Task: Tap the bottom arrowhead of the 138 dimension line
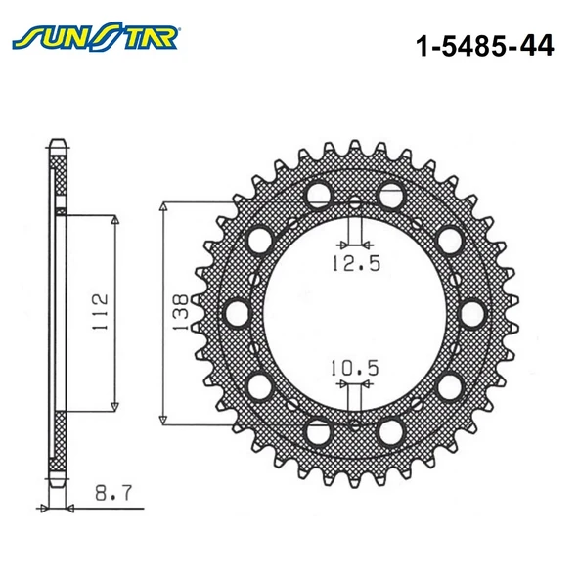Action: [163, 417]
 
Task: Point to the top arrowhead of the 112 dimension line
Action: [115, 223]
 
